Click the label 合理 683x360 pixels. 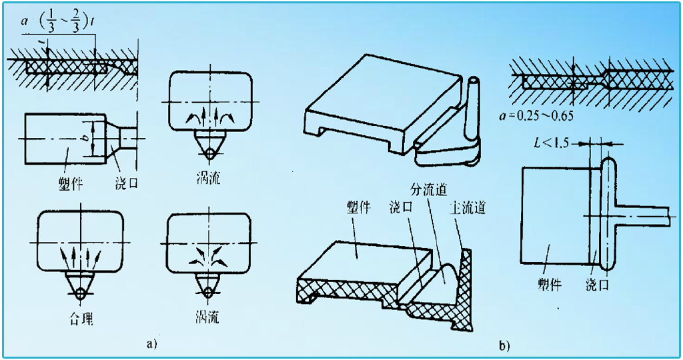[79, 319]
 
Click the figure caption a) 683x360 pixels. [151, 344]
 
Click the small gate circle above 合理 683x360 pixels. [79, 292]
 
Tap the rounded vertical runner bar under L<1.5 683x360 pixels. [608, 213]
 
